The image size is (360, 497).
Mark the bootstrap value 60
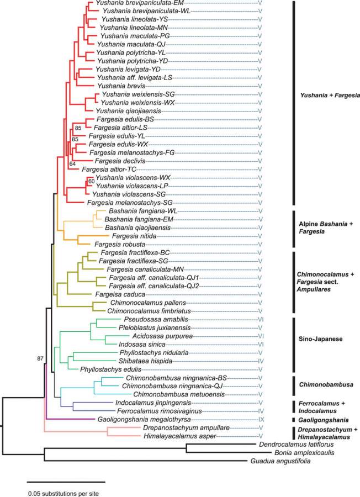pos(92,182)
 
